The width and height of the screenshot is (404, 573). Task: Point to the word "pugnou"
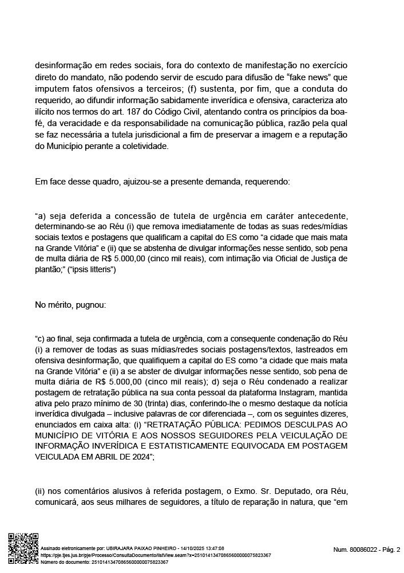click(86, 305)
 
